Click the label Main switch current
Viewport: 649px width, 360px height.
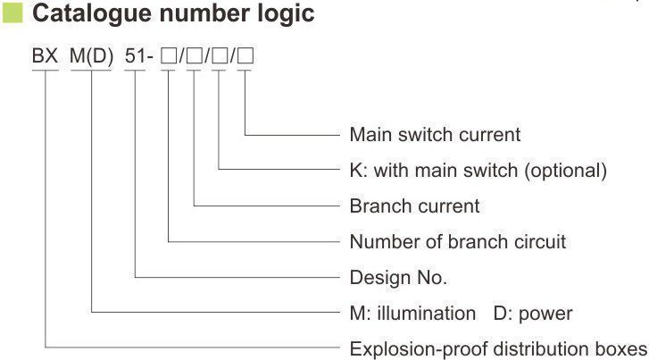434,135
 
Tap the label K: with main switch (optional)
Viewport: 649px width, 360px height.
478,171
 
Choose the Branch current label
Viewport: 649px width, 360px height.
414,206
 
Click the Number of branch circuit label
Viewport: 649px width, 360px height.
457,242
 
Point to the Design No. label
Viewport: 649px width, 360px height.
398,278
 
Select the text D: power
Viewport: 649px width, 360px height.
533,314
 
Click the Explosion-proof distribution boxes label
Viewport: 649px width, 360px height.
498,348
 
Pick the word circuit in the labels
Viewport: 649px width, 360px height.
539,242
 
